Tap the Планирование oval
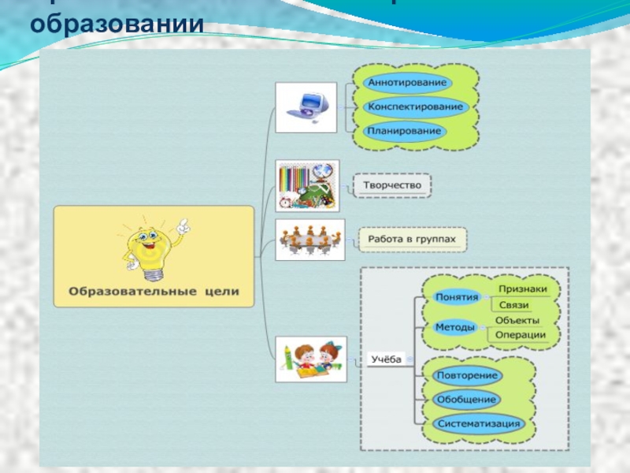click(405, 131)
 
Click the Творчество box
click(392, 186)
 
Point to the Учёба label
click(386, 359)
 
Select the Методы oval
click(454, 327)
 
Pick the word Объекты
click(517, 320)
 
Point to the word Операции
click(520, 335)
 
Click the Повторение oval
click(466, 375)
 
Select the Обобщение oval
click(465, 399)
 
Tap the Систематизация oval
click(478, 423)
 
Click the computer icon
click(306, 106)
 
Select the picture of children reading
click(308, 359)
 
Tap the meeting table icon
click(309, 239)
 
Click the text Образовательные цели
click(154, 292)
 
